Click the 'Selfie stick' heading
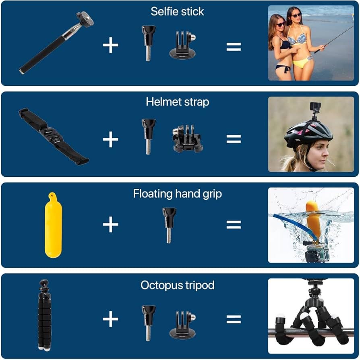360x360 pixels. pyautogui.click(x=177, y=11)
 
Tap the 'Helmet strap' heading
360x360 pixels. pyautogui.click(x=177, y=102)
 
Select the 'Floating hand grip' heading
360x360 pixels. pyautogui.click(x=177, y=194)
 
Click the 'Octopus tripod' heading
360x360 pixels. pyautogui.click(x=177, y=286)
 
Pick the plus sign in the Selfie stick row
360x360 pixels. pyautogui.click(x=110, y=46)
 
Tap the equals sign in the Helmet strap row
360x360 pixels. pyautogui.click(x=234, y=139)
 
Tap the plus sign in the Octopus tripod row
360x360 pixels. pyautogui.click(x=110, y=320)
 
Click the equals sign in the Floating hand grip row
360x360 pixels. pyautogui.click(x=234, y=225)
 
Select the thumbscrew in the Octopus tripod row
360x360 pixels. pyautogui.click(x=148, y=321)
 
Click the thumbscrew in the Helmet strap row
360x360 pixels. pyautogui.click(x=148, y=136)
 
